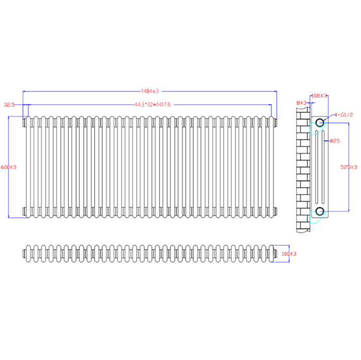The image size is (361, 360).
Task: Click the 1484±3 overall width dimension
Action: point(149,91)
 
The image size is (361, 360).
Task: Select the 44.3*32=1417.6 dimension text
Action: point(152,104)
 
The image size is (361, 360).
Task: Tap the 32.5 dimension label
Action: point(9,104)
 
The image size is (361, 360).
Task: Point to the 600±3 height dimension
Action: point(9,167)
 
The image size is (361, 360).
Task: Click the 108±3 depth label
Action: point(319,95)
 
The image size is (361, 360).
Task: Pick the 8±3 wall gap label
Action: point(301,103)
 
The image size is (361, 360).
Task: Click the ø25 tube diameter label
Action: point(334,140)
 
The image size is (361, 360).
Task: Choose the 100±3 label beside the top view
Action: point(289,254)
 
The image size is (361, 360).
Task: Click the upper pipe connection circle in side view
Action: point(320,122)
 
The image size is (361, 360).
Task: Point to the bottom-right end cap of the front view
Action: point(274,210)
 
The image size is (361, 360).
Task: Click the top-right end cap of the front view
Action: point(274,122)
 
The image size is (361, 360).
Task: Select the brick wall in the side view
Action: point(303,170)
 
